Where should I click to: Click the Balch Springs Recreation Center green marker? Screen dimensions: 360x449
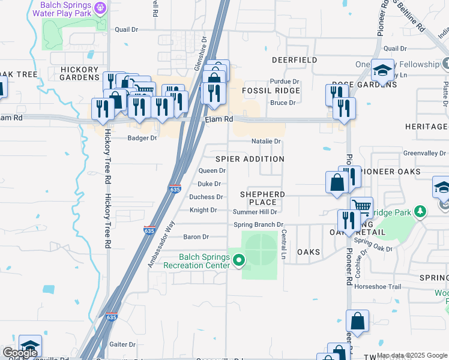pos(239,260)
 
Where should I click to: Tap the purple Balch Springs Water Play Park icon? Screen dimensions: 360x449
pos(100,7)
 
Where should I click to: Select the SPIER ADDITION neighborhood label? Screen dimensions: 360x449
pos(250,159)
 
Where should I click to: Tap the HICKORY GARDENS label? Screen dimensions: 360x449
pos(80,73)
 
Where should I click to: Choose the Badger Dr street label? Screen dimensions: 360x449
pos(142,138)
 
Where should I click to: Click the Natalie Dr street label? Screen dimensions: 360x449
pos(267,142)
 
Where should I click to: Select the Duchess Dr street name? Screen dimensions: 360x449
pos(206,197)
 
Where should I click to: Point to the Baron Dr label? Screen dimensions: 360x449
pos(196,237)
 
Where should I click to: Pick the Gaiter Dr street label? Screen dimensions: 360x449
pos(122,344)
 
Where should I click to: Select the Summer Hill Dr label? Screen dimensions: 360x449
pos(255,212)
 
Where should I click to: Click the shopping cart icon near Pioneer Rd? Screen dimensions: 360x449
pos(361,206)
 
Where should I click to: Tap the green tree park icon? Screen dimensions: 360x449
pos(421,211)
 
